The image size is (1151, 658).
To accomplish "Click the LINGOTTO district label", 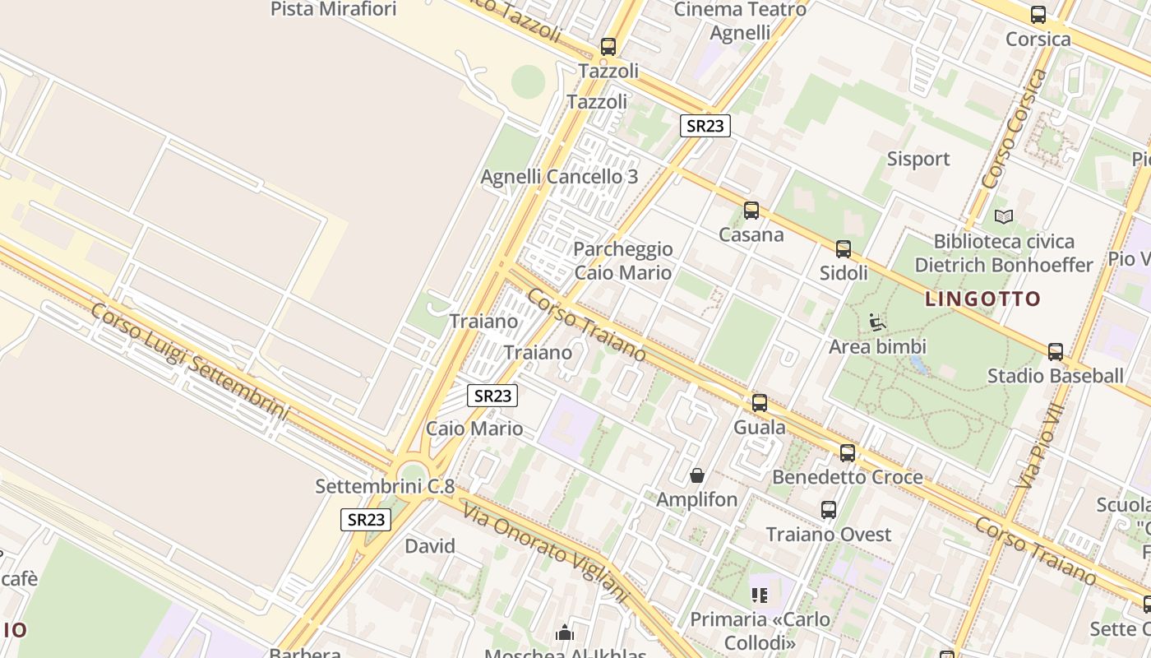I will pyautogui.click(x=982, y=299).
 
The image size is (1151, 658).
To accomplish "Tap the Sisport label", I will pyautogui.click(x=918, y=159).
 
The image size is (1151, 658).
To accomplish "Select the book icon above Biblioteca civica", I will pyautogui.click(x=1003, y=216).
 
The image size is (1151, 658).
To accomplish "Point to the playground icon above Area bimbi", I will pyautogui.click(x=877, y=322).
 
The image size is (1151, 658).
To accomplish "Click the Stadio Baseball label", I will pyautogui.click(x=1055, y=376).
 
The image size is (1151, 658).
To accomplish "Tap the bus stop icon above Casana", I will pyautogui.click(x=751, y=211).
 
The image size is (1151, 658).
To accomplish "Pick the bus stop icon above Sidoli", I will pyautogui.click(x=844, y=249).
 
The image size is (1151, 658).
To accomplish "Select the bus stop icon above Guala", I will pyautogui.click(x=760, y=403).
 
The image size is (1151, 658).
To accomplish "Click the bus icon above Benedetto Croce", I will pyautogui.click(x=848, y=453).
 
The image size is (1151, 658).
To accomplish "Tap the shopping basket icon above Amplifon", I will pyautogui.click(x=697, y=475).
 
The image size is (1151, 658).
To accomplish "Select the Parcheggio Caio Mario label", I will pyautogui.click(x=622, y=261).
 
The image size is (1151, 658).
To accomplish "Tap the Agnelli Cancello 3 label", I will pyautogui.click(x=559, y=177).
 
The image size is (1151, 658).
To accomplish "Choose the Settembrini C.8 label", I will pyautogui.click(x=385, y=486).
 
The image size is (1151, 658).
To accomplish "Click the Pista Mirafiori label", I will pyautogui.click(x=333, y=9).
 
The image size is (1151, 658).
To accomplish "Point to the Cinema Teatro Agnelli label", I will pyautogui.click(x=740, y=21).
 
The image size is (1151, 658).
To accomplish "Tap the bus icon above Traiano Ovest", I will pyautogui.click(x=829, y=510).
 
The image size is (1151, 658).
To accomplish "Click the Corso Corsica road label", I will pyautogui.click(x=1014, y=127).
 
